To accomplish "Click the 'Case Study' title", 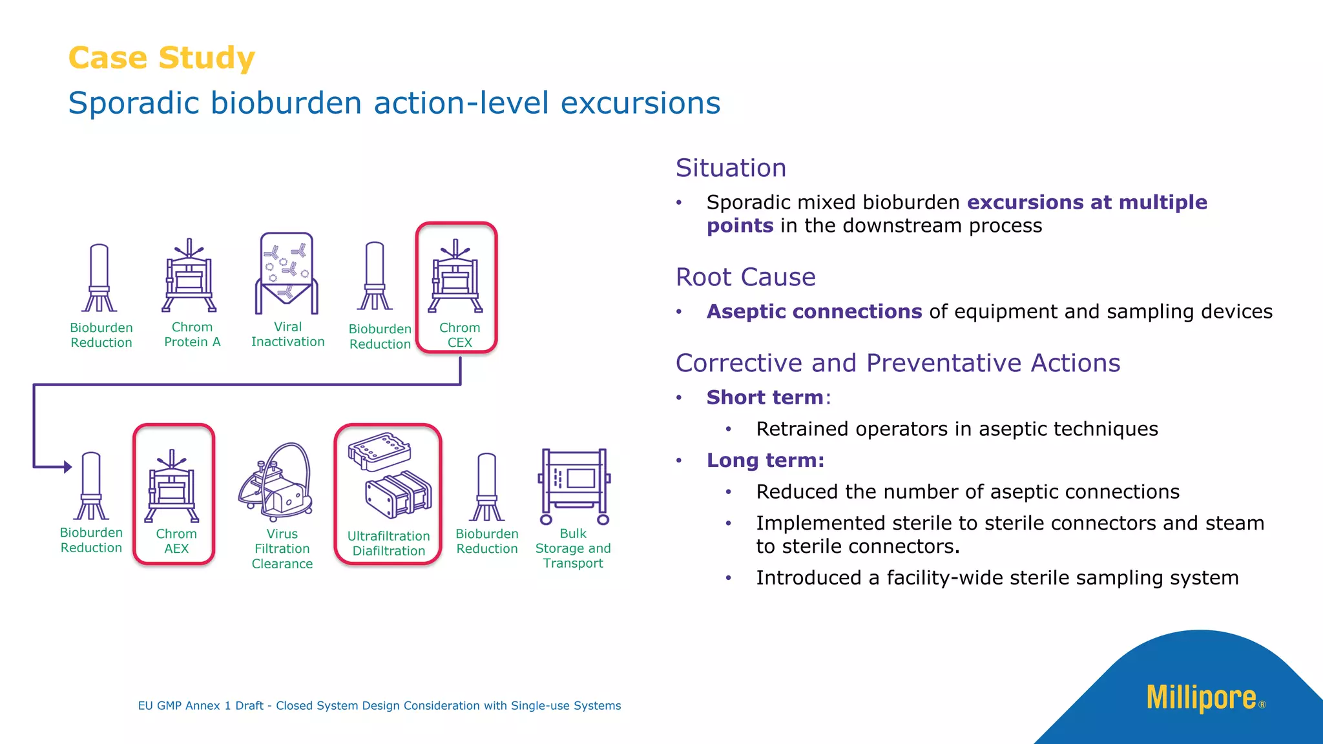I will tap(161, 58).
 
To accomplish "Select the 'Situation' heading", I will tap(731, 168).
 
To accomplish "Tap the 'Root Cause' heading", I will tap(745, 277).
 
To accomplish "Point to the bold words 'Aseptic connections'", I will tap(814, 311).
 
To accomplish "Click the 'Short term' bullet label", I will tap(765, 397).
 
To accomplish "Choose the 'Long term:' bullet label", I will tap(765, 460).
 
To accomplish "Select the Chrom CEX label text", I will tap(459, 335).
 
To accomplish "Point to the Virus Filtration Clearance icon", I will tap(276, 482).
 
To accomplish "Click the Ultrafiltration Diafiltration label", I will tap(388, 543).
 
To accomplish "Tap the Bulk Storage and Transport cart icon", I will tap(574, 481).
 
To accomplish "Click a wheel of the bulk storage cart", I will tap(547, 519).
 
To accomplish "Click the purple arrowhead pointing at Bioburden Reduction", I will tap(67, 466).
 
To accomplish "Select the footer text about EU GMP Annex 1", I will tap(379, 706).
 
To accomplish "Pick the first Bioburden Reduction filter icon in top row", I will tap(99, 278).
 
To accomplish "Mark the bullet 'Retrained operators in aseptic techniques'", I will tap(957, 429).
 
